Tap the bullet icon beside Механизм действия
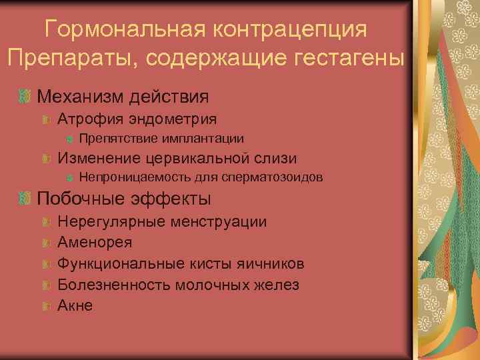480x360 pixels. [x=25, y=97]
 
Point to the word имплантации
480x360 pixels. [x=200, y=139]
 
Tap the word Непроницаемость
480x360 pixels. [x=135, y=177]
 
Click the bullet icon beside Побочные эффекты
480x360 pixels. [x=25, y=199]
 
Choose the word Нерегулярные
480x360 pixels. [x=112, y=221]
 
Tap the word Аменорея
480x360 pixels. [x=95, y=242]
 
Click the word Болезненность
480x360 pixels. [x=114, y=285]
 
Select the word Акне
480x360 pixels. [x=75, y=306]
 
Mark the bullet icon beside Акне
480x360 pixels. [x=45, y=306]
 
